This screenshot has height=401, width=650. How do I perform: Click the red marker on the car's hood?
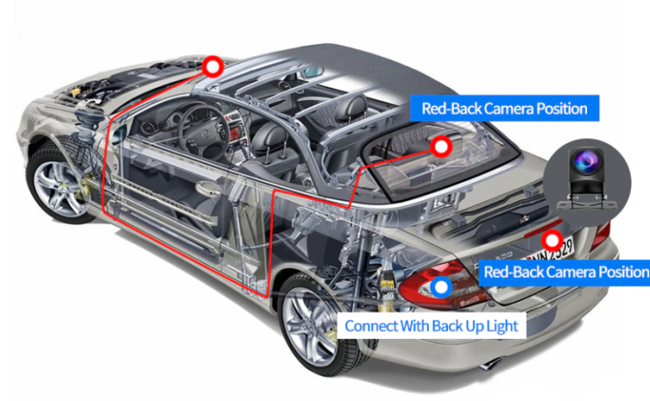point(213,67)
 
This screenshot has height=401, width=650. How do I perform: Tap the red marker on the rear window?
point(441,146)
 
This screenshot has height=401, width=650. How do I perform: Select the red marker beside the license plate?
point(552,240)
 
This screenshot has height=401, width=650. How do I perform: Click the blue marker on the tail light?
point(441,287)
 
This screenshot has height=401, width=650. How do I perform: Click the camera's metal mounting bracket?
point(586,202)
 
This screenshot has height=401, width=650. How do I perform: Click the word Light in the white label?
point(502,327)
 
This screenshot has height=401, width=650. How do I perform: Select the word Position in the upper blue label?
point(562,109)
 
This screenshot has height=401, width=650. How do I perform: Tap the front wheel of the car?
point(56,182)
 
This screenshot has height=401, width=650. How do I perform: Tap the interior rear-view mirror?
point(311,71)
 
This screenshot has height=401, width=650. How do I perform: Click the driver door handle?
point(208,189)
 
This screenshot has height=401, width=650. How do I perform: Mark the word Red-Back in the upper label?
point(451,109)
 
